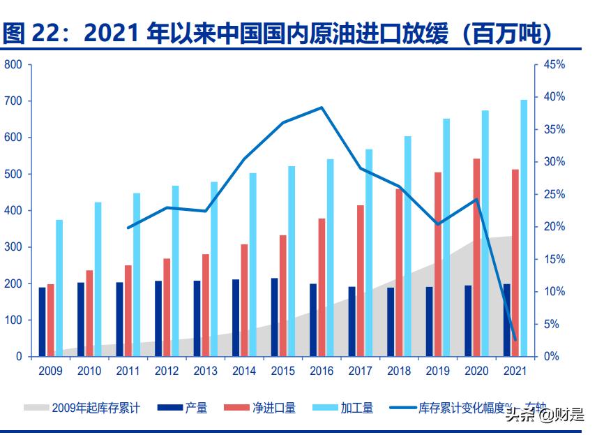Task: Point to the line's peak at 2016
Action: pos(322,108)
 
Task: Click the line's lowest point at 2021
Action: pos(515,340)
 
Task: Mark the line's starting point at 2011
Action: pos(128,228)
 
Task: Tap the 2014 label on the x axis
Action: pos(244,371)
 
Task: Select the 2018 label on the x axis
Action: pos(399,371)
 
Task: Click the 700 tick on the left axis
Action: pos(14,101)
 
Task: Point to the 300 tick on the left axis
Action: pos(14,247)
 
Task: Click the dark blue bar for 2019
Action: pos(430,321)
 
